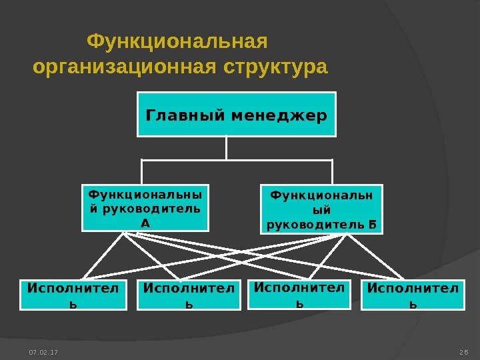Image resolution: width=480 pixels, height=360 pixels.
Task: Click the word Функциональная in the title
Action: (177, 42)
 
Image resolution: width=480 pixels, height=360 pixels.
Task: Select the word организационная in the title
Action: (126, 68)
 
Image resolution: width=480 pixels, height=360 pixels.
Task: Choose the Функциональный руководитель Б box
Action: (321, 209)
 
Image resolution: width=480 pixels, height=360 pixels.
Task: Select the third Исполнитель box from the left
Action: (299, 295)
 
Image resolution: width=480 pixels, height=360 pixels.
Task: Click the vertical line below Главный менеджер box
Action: (227, 147)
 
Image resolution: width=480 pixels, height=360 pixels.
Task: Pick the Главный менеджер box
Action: (237, 115)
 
